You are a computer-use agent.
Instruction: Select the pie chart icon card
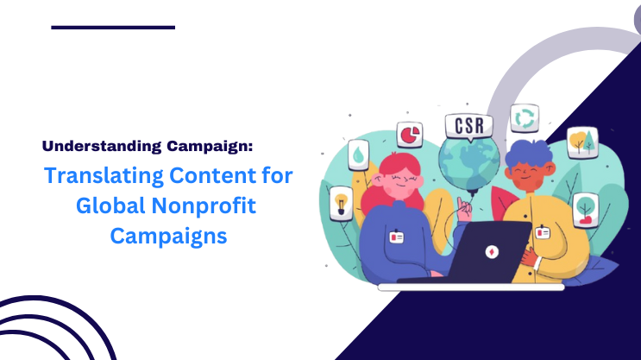[409, 136]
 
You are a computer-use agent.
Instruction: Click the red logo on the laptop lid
[493, 250]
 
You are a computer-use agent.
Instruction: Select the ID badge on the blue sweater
[397, 236]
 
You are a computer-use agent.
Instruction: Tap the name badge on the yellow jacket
[544, 232]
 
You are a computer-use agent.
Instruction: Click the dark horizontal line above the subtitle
[113, 28]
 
